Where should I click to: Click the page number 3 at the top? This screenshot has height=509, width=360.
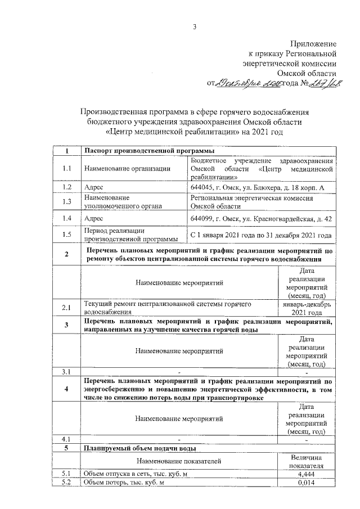[193, 25]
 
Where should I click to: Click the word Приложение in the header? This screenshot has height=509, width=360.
[313, 44]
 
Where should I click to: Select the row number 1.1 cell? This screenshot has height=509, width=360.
[66, 169]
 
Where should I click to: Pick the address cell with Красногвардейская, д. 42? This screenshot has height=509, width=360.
[261, 218]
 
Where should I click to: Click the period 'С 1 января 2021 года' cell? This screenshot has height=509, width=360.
[261, 235]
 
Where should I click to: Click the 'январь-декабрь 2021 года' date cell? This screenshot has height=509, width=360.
[306, 307]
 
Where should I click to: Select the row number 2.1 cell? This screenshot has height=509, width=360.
[66, 307]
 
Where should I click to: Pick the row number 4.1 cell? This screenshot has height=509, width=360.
[66, 439]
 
